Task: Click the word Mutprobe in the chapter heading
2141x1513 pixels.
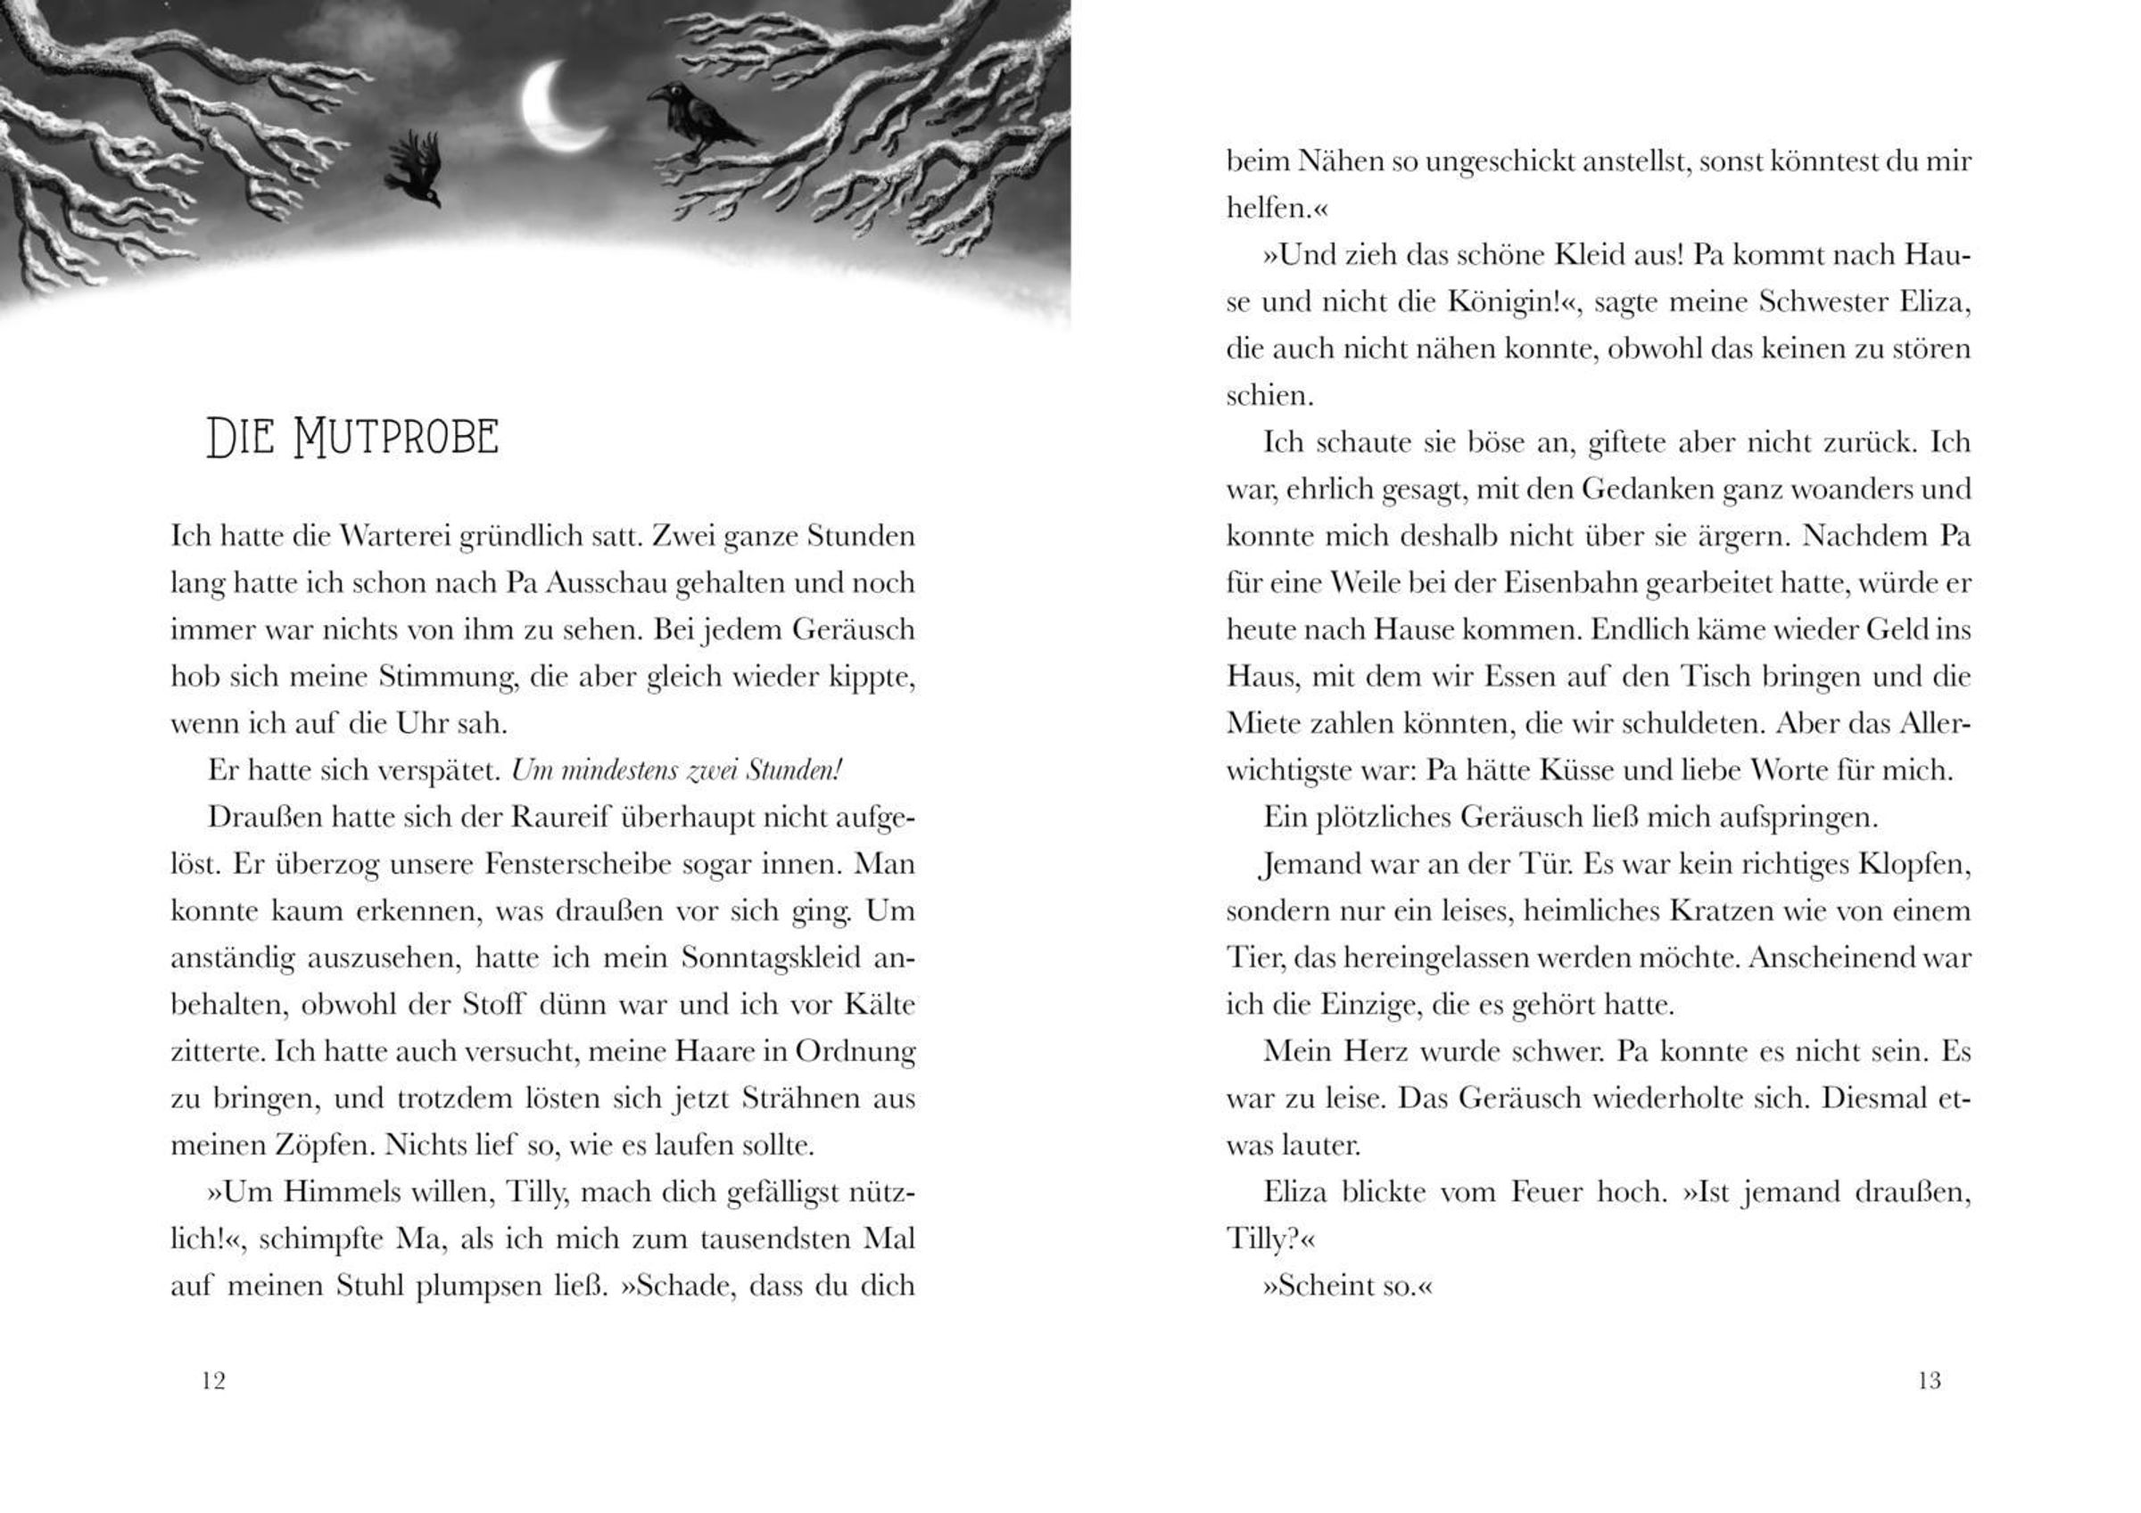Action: coord(395,438)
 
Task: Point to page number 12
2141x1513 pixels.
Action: coord(213,1381)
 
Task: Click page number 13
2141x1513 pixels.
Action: coord(1930,1381)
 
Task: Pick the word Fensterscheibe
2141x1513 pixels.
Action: coord(577,864)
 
